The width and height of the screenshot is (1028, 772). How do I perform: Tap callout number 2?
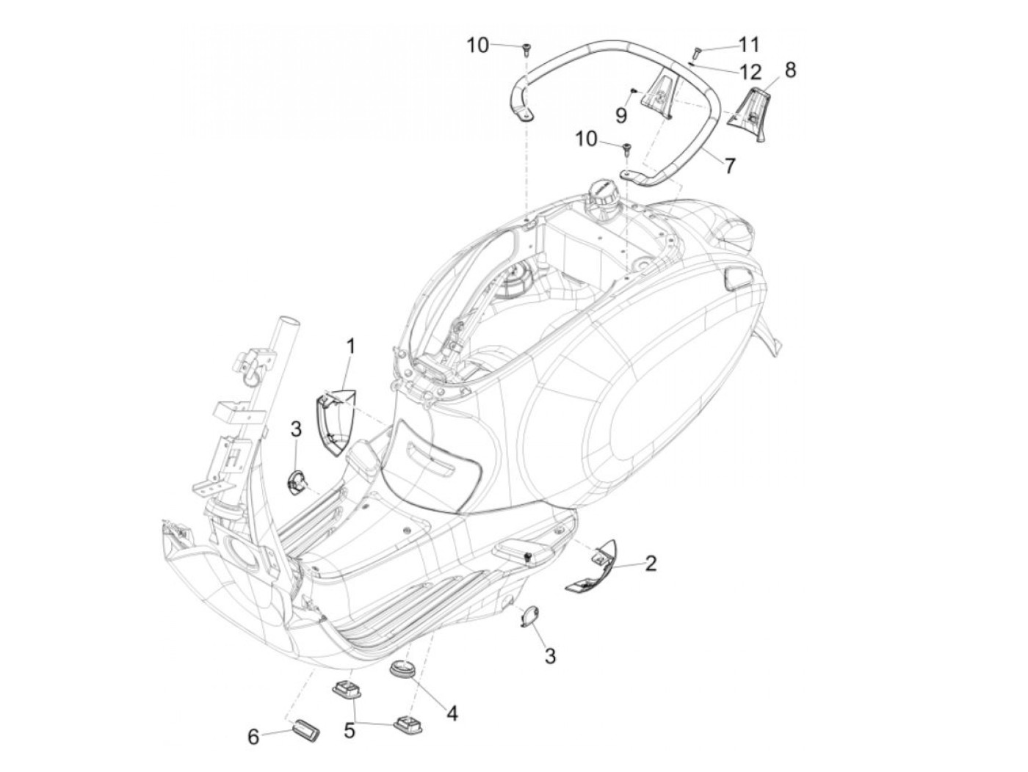point(651,564)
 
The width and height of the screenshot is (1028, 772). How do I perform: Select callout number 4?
point(452,713)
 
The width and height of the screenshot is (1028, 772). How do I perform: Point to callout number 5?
point(350,730)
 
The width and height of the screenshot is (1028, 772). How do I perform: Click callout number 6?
point(253,736)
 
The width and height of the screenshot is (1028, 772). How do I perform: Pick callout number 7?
point(729,166)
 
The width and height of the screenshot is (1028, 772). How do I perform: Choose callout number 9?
point(621,114)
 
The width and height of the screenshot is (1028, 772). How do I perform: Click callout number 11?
point(748,45)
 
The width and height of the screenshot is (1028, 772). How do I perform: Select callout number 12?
point(750,72)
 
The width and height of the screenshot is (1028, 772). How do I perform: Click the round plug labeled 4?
point(402,669)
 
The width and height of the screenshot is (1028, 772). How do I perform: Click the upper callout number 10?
point(477,45)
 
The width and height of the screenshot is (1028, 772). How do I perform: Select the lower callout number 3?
point(550,655)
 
